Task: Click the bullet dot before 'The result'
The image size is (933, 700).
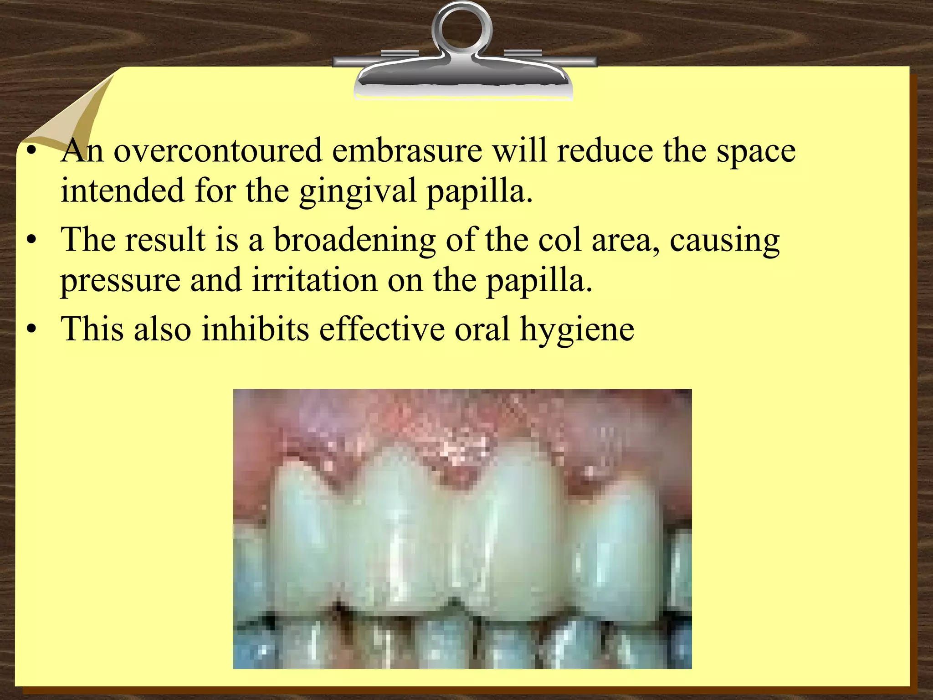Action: click(x=31, y=241)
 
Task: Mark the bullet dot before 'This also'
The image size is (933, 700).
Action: click(x=31, y=329)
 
